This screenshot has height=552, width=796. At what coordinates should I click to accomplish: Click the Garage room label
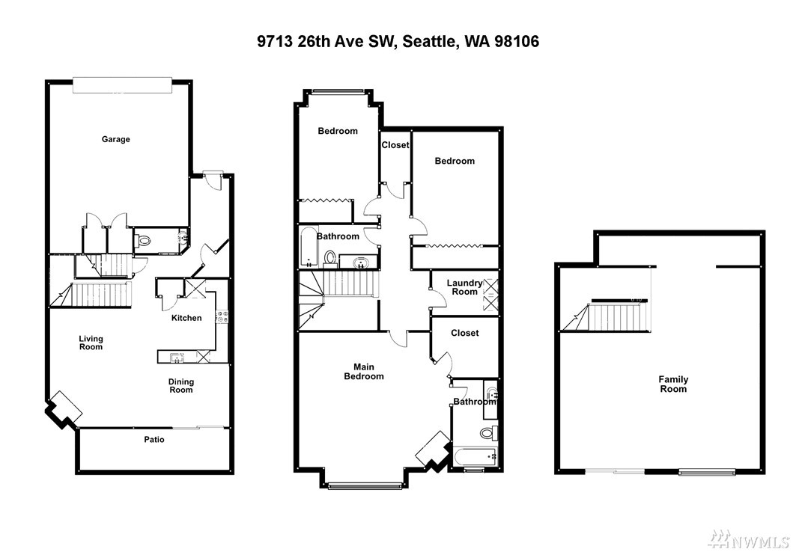[x=116, y=139]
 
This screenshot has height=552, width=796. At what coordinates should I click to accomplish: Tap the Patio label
[x=154, y=440]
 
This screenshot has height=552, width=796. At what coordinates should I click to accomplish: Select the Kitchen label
[x=186, y=318]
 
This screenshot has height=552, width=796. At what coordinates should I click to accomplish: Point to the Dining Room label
[x=181, y=386]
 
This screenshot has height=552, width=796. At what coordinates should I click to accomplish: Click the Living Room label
[x=91, y=343]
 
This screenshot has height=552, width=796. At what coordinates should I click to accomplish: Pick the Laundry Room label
[x=464, y=287]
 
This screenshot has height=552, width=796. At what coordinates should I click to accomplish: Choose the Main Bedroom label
[x=364, y=372]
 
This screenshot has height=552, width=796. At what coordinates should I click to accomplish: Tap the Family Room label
[x=673, y=384]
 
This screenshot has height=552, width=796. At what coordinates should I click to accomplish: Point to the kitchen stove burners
[x=222, y=317]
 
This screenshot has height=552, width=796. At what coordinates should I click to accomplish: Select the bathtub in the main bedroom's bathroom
[x=476, y=456]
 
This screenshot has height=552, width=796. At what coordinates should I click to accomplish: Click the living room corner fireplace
[x=63, y=408]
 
